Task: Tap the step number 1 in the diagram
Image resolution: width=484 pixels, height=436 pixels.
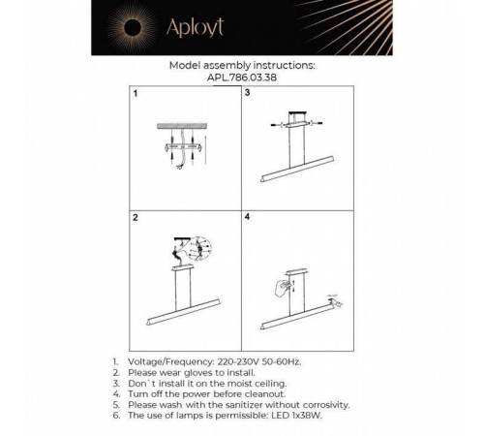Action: click(x=136, y=94)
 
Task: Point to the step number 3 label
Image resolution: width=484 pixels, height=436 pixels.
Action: click(x=249, y=94)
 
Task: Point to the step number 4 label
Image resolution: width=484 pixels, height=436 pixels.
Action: click(x=249, y=220)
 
